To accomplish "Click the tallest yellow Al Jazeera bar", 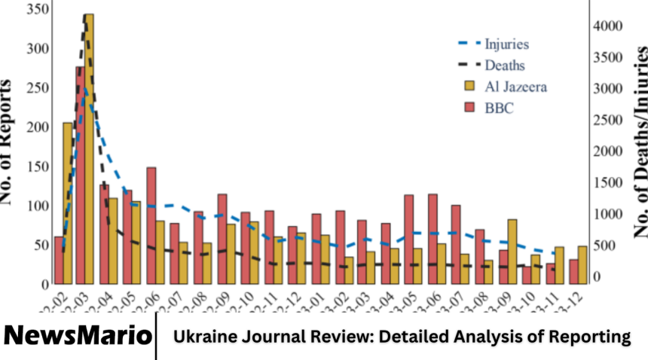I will pos(89,151).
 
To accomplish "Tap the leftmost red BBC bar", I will pos(59,260).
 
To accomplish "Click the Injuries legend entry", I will pos(506,44).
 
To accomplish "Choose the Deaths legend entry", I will pos(504,66).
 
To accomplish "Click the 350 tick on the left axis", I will pos(35,9).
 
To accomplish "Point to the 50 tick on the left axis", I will pos(39,245).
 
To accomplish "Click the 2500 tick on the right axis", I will pos(607,120).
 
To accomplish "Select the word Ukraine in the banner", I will pos(203,337).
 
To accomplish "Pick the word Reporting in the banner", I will pos(587,337).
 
